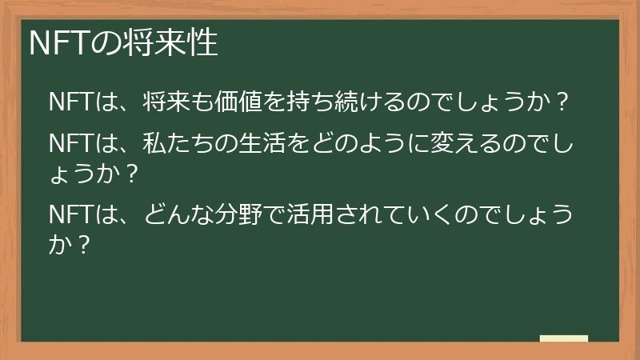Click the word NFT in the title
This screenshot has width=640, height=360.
point(58,43)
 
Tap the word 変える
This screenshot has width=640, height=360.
point(460,144)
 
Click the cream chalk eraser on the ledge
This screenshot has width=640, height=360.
point(564,339)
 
